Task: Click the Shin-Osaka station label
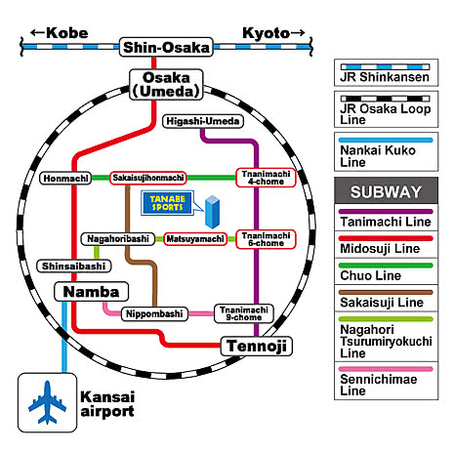pos(166,47)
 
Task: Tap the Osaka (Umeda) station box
pos(166,85)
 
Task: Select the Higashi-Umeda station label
pos(203,121)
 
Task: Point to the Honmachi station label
pos(65,179)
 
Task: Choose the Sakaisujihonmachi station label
pos(148,178)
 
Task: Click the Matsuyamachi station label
pos(195,239)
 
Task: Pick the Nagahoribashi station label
pos(118,239)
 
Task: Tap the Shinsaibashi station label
pos(74,266)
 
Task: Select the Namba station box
pos(91,292)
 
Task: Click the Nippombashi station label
pos(154,314)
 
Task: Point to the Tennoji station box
pos(257,346)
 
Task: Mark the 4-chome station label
pos(266,178)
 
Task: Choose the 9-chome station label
pos(244,313)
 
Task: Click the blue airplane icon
pos(48,402)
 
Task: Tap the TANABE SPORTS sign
pos(167,203)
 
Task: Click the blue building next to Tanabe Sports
pos(213,212)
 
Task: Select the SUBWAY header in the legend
pos(386,191)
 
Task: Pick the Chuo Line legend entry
pos(386,271)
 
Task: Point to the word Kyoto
pos(267,33)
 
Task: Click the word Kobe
pos(67,33)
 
